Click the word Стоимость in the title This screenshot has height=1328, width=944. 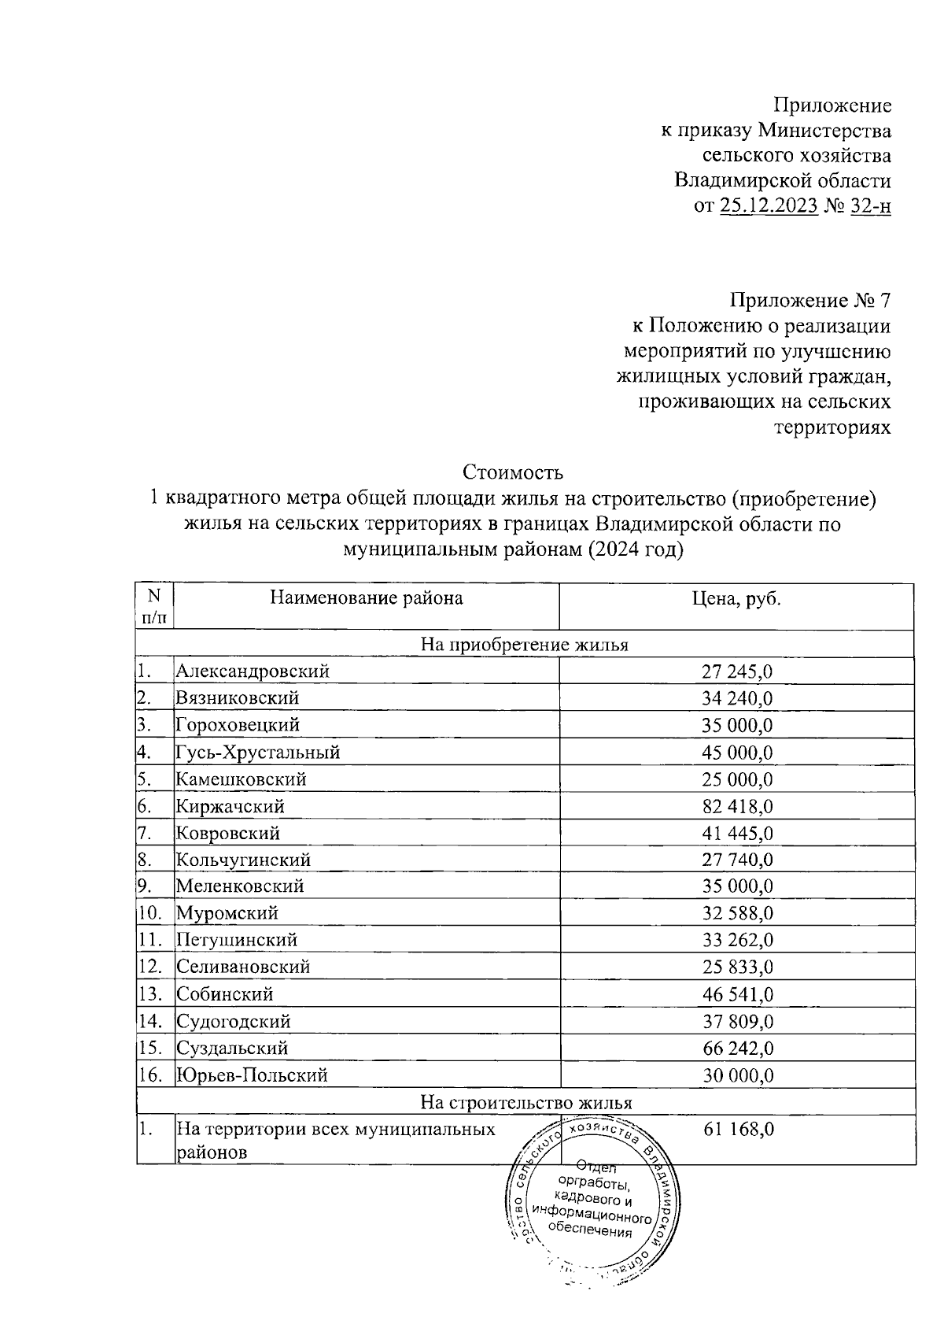point(513,472)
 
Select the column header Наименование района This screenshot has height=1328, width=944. point(367,598)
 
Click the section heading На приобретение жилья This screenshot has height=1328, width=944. point(525,645)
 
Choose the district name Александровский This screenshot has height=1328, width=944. point(253,671)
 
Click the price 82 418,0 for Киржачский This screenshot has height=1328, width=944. point(737,806)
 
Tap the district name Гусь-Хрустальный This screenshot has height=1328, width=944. point(258,753)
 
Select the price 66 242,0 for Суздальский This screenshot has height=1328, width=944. point(737,1049)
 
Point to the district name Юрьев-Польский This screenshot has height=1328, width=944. point(252,1075)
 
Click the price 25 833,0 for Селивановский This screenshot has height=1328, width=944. point(737,967)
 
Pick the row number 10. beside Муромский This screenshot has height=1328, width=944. point(149,913)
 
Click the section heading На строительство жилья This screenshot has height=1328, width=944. point(525,1102)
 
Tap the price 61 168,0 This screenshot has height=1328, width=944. point(737,1130)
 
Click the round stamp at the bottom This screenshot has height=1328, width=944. point(592,1197)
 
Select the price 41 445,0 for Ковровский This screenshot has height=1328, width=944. point(737,833)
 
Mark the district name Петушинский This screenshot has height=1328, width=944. point(237,940)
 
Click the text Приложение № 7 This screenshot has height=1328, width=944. point(810,301)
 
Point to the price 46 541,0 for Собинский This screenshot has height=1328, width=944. point(737,994)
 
